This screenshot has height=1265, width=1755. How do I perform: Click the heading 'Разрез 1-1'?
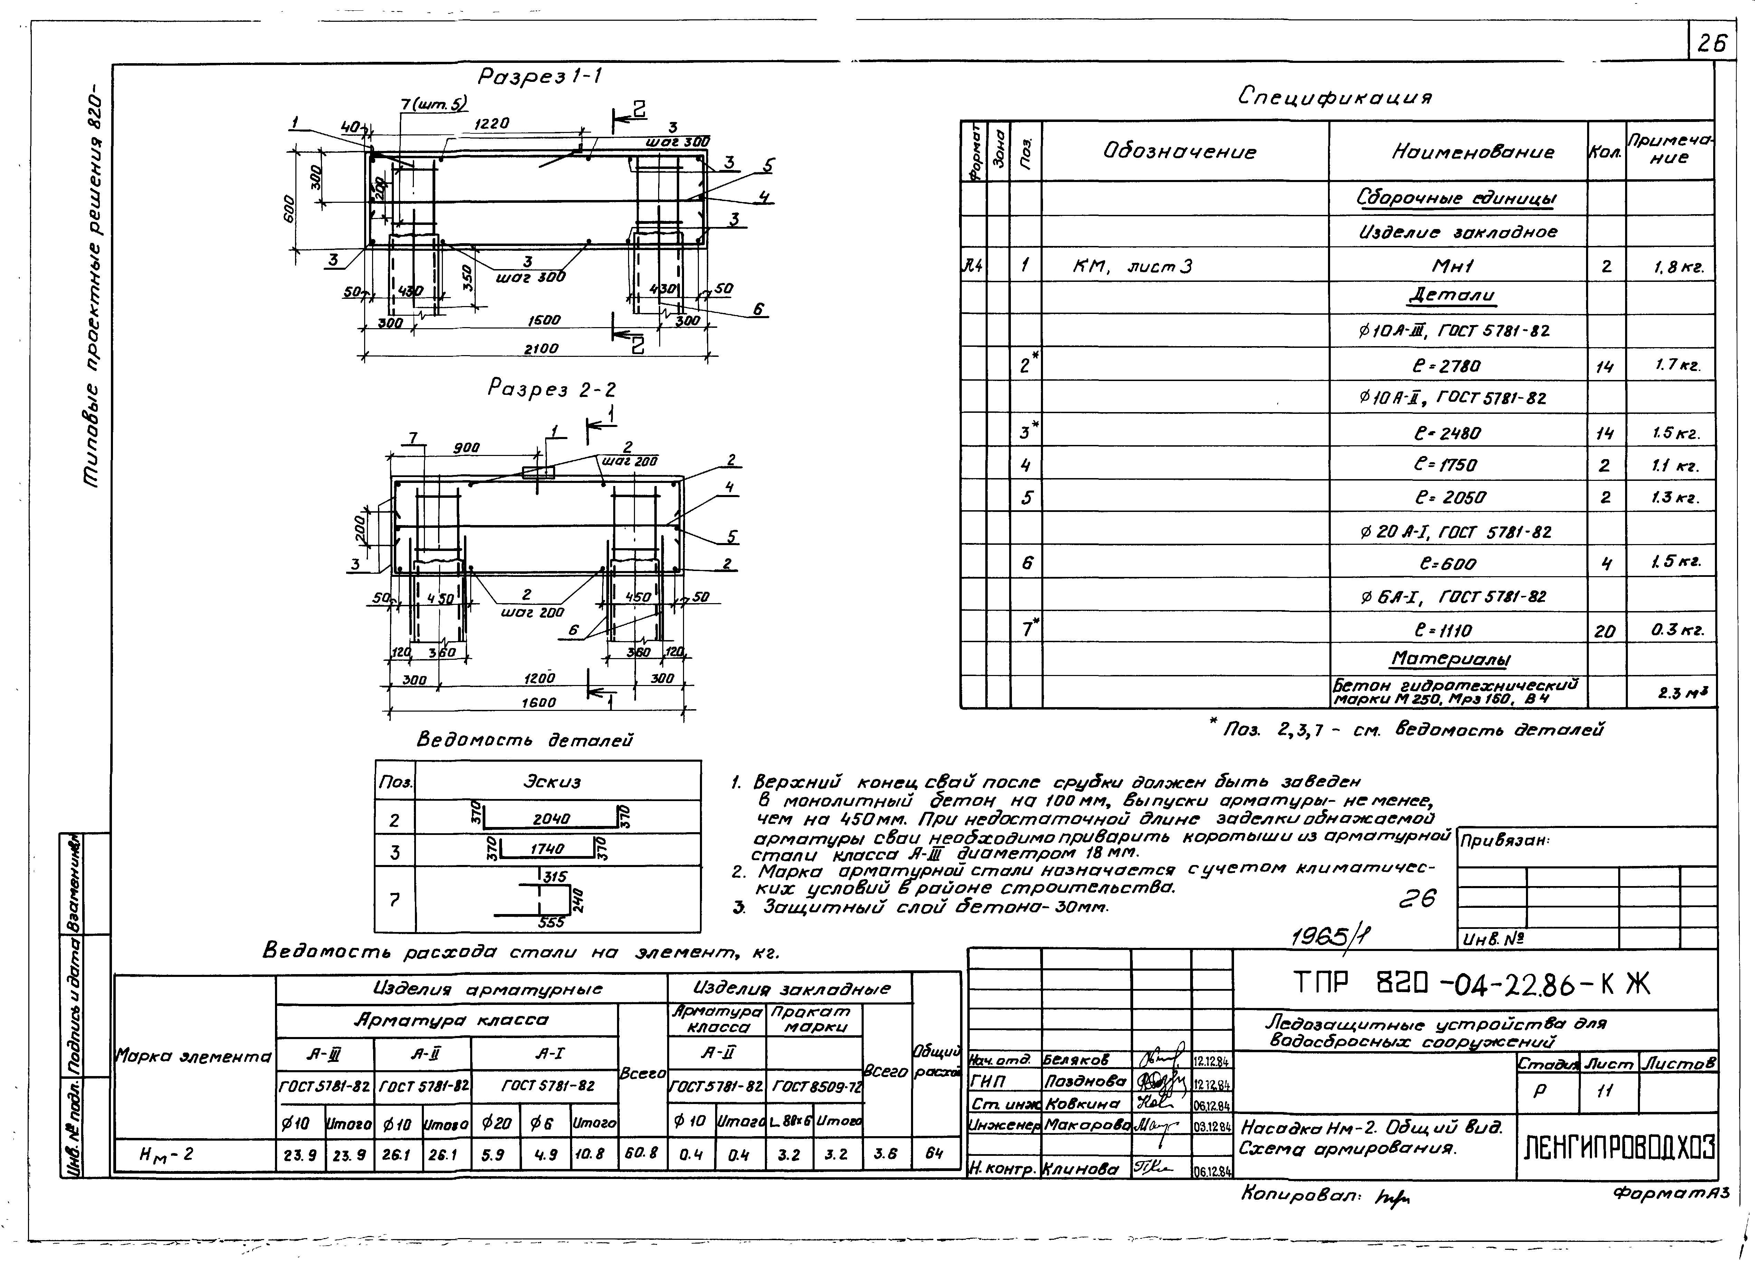pyautogui.click(x=540, y=77)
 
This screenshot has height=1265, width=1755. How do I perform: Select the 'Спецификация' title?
pyautogui.click(x=1335, y=97)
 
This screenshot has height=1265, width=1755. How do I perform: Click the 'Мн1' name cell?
pyautogui.click(x=1453, y=266)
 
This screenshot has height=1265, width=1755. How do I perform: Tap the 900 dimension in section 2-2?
pyautogui.click(x=467, y=448)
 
